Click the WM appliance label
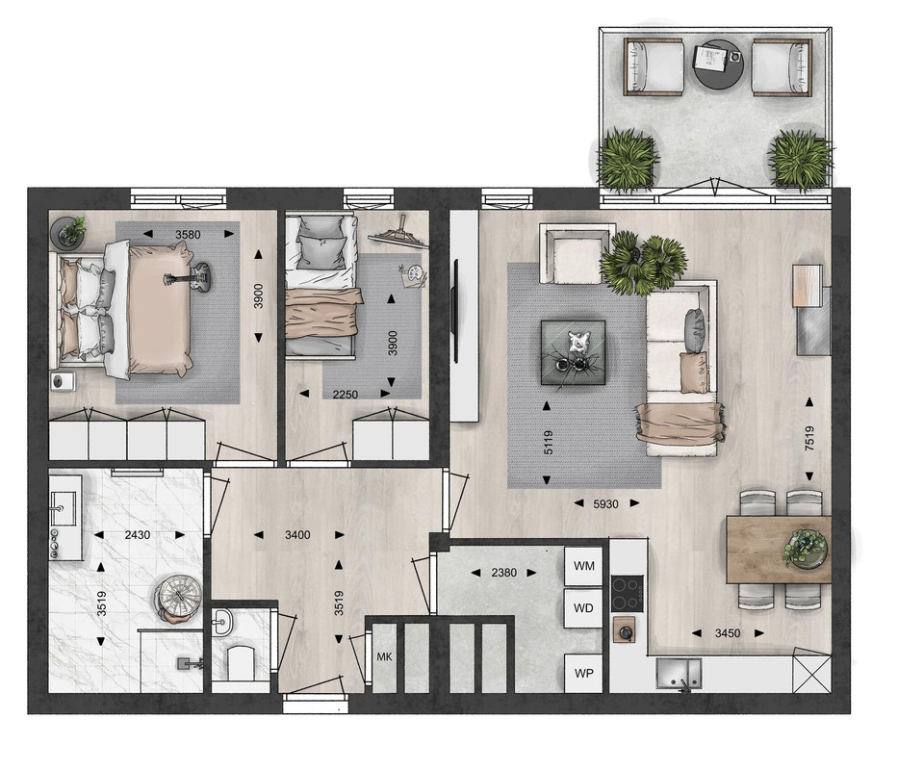584,566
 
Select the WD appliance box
583,608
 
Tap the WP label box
583,674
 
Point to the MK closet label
384,657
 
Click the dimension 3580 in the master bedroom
188,234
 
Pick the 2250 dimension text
345,395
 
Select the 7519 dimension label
809,439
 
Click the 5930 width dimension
605,504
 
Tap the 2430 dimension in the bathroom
138,535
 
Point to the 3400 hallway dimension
297,535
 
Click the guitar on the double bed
188,277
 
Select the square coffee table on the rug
574,352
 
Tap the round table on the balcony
718,64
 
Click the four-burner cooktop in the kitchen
627,593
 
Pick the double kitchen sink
679,674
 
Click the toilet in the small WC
241,663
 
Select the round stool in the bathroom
178,597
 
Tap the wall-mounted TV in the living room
456,311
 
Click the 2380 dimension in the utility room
504,573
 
